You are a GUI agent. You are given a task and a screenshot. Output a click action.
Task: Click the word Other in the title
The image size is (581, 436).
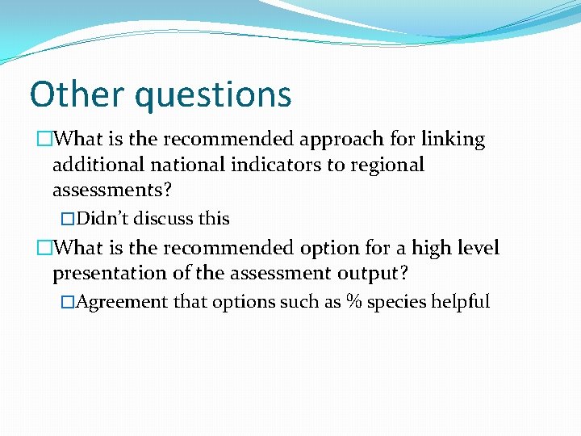77,94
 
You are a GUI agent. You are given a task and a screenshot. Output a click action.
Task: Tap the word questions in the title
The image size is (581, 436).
213,95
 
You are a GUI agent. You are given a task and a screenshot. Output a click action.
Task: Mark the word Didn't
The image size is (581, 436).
102,219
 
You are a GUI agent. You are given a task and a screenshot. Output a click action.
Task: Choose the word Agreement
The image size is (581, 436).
123,302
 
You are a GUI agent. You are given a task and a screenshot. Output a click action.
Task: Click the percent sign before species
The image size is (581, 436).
353,302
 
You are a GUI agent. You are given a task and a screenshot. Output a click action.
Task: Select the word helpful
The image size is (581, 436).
460,302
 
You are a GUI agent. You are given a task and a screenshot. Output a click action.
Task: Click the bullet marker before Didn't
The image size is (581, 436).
68,219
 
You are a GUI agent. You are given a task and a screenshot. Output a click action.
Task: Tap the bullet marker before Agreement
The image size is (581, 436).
68,302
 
